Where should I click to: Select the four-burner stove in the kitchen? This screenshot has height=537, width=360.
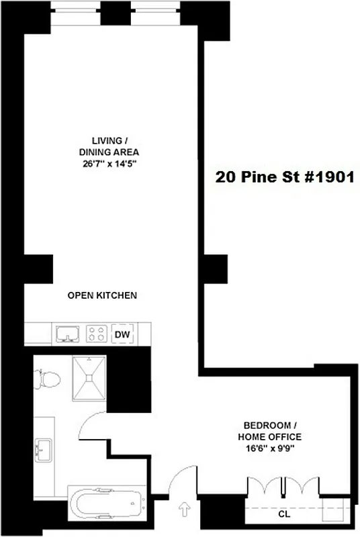97,334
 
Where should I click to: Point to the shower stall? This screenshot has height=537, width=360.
89,381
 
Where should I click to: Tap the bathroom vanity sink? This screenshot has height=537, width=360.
44,449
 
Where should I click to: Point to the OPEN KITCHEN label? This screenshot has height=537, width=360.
103,295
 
